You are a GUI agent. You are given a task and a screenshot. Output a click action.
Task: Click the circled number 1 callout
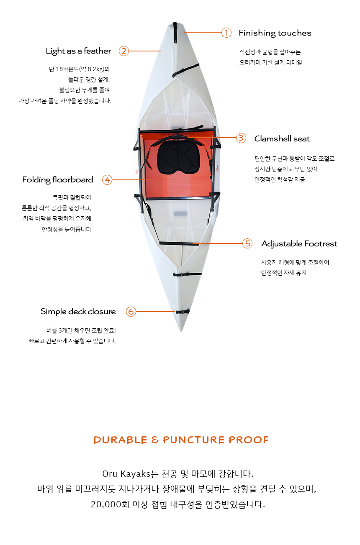226,33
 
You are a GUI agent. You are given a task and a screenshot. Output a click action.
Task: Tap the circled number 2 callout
124,51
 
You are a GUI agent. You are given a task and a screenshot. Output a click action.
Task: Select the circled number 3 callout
241,138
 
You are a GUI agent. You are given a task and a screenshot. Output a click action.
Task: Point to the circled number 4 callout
107,180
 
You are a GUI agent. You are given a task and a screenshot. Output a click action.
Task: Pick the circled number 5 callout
247,243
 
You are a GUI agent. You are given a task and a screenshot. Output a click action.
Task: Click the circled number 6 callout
131,312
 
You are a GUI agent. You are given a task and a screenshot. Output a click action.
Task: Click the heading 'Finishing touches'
275,33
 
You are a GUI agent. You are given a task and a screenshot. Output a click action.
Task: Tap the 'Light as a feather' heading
78,51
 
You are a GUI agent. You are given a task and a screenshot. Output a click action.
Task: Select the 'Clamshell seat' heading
282,139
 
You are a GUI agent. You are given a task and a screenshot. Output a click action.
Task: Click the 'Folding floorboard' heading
58,180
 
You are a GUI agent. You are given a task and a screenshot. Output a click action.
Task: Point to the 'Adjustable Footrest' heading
299,243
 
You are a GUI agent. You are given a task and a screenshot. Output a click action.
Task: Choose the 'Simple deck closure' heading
78,312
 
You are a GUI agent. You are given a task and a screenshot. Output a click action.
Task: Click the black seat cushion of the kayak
179,157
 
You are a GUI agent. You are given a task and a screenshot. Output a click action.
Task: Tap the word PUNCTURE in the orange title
194,440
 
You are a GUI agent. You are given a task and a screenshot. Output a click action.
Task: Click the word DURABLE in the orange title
121,440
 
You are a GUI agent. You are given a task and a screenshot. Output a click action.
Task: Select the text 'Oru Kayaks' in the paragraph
126,474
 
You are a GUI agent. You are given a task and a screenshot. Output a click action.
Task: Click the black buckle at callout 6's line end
183,312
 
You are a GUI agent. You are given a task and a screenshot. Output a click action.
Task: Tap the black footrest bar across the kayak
179,243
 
